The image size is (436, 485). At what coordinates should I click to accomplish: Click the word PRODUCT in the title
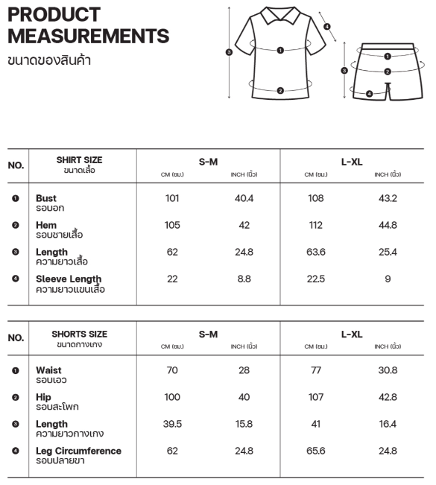[x=54, y=15]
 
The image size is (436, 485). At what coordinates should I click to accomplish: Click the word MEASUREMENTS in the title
[x=88, y=35]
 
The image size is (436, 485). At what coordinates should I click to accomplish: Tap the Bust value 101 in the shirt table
[x=172, y=199]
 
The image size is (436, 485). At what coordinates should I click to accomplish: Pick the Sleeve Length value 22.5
[x=316, y=279]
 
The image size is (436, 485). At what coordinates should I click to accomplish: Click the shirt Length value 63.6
[x=316, y=253]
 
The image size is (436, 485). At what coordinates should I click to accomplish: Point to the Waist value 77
[x=316, y=370]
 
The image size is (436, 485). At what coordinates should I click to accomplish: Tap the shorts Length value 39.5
[x=172, y=424]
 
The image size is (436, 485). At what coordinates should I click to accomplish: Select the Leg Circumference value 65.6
[x=316, y=451]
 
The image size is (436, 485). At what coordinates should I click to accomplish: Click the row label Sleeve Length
[x=69, y=279]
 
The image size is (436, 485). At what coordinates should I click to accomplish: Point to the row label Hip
[x=43, y=397]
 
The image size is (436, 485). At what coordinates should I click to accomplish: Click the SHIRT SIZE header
[x=80, y=160]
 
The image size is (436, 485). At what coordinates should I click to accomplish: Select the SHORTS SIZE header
[x=80, y=335]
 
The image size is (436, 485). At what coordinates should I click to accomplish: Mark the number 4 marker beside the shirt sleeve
[x=327, y=27]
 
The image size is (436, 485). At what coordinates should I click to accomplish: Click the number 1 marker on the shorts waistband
[x=388, y=56]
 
